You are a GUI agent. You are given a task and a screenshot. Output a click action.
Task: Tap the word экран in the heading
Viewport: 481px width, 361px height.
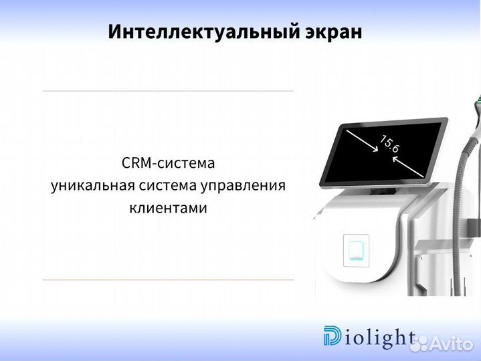click(330, 31)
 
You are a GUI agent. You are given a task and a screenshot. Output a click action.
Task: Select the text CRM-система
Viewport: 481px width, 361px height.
click(168, 163)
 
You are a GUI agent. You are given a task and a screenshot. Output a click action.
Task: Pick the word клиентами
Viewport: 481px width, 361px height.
click(168, 208)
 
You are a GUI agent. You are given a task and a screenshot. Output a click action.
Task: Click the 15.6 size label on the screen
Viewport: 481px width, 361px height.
click(389, 144)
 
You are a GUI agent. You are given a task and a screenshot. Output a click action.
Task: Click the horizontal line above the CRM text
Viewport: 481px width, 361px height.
click(168, 91)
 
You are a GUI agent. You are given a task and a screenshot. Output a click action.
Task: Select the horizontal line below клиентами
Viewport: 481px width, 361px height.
click(168, 279)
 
